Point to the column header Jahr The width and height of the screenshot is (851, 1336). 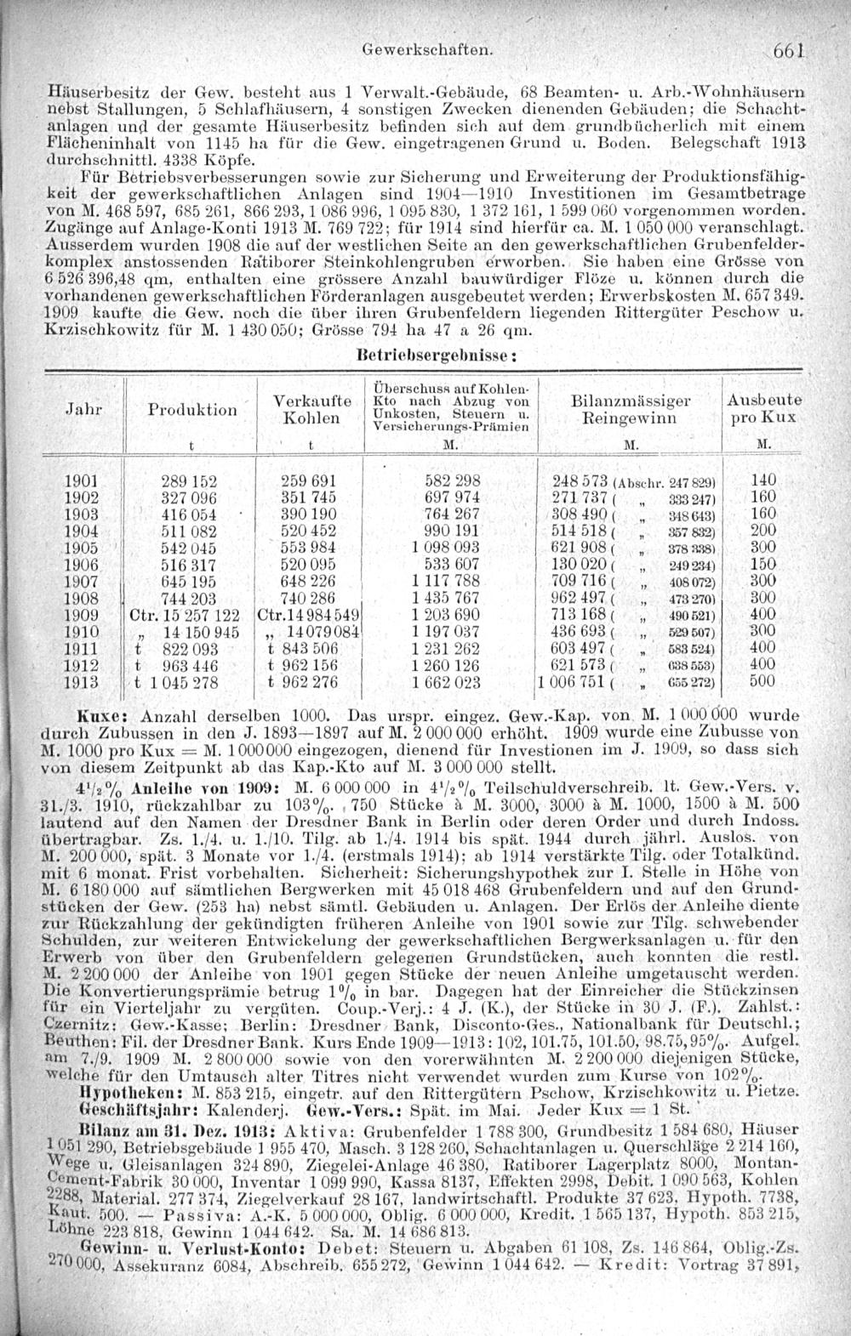pos(83,408)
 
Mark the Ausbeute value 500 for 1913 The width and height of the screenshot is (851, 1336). pos(762,681)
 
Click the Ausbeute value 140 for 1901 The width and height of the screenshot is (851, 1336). pos(763,481)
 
